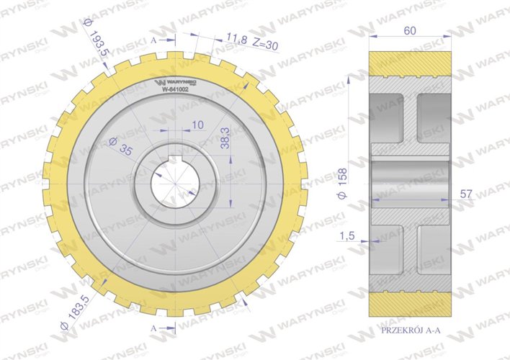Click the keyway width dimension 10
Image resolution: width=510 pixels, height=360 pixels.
pyautogui.click(x=198, y=125)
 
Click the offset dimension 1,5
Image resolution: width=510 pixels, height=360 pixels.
pyautogui.click(x=350, y=235)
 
